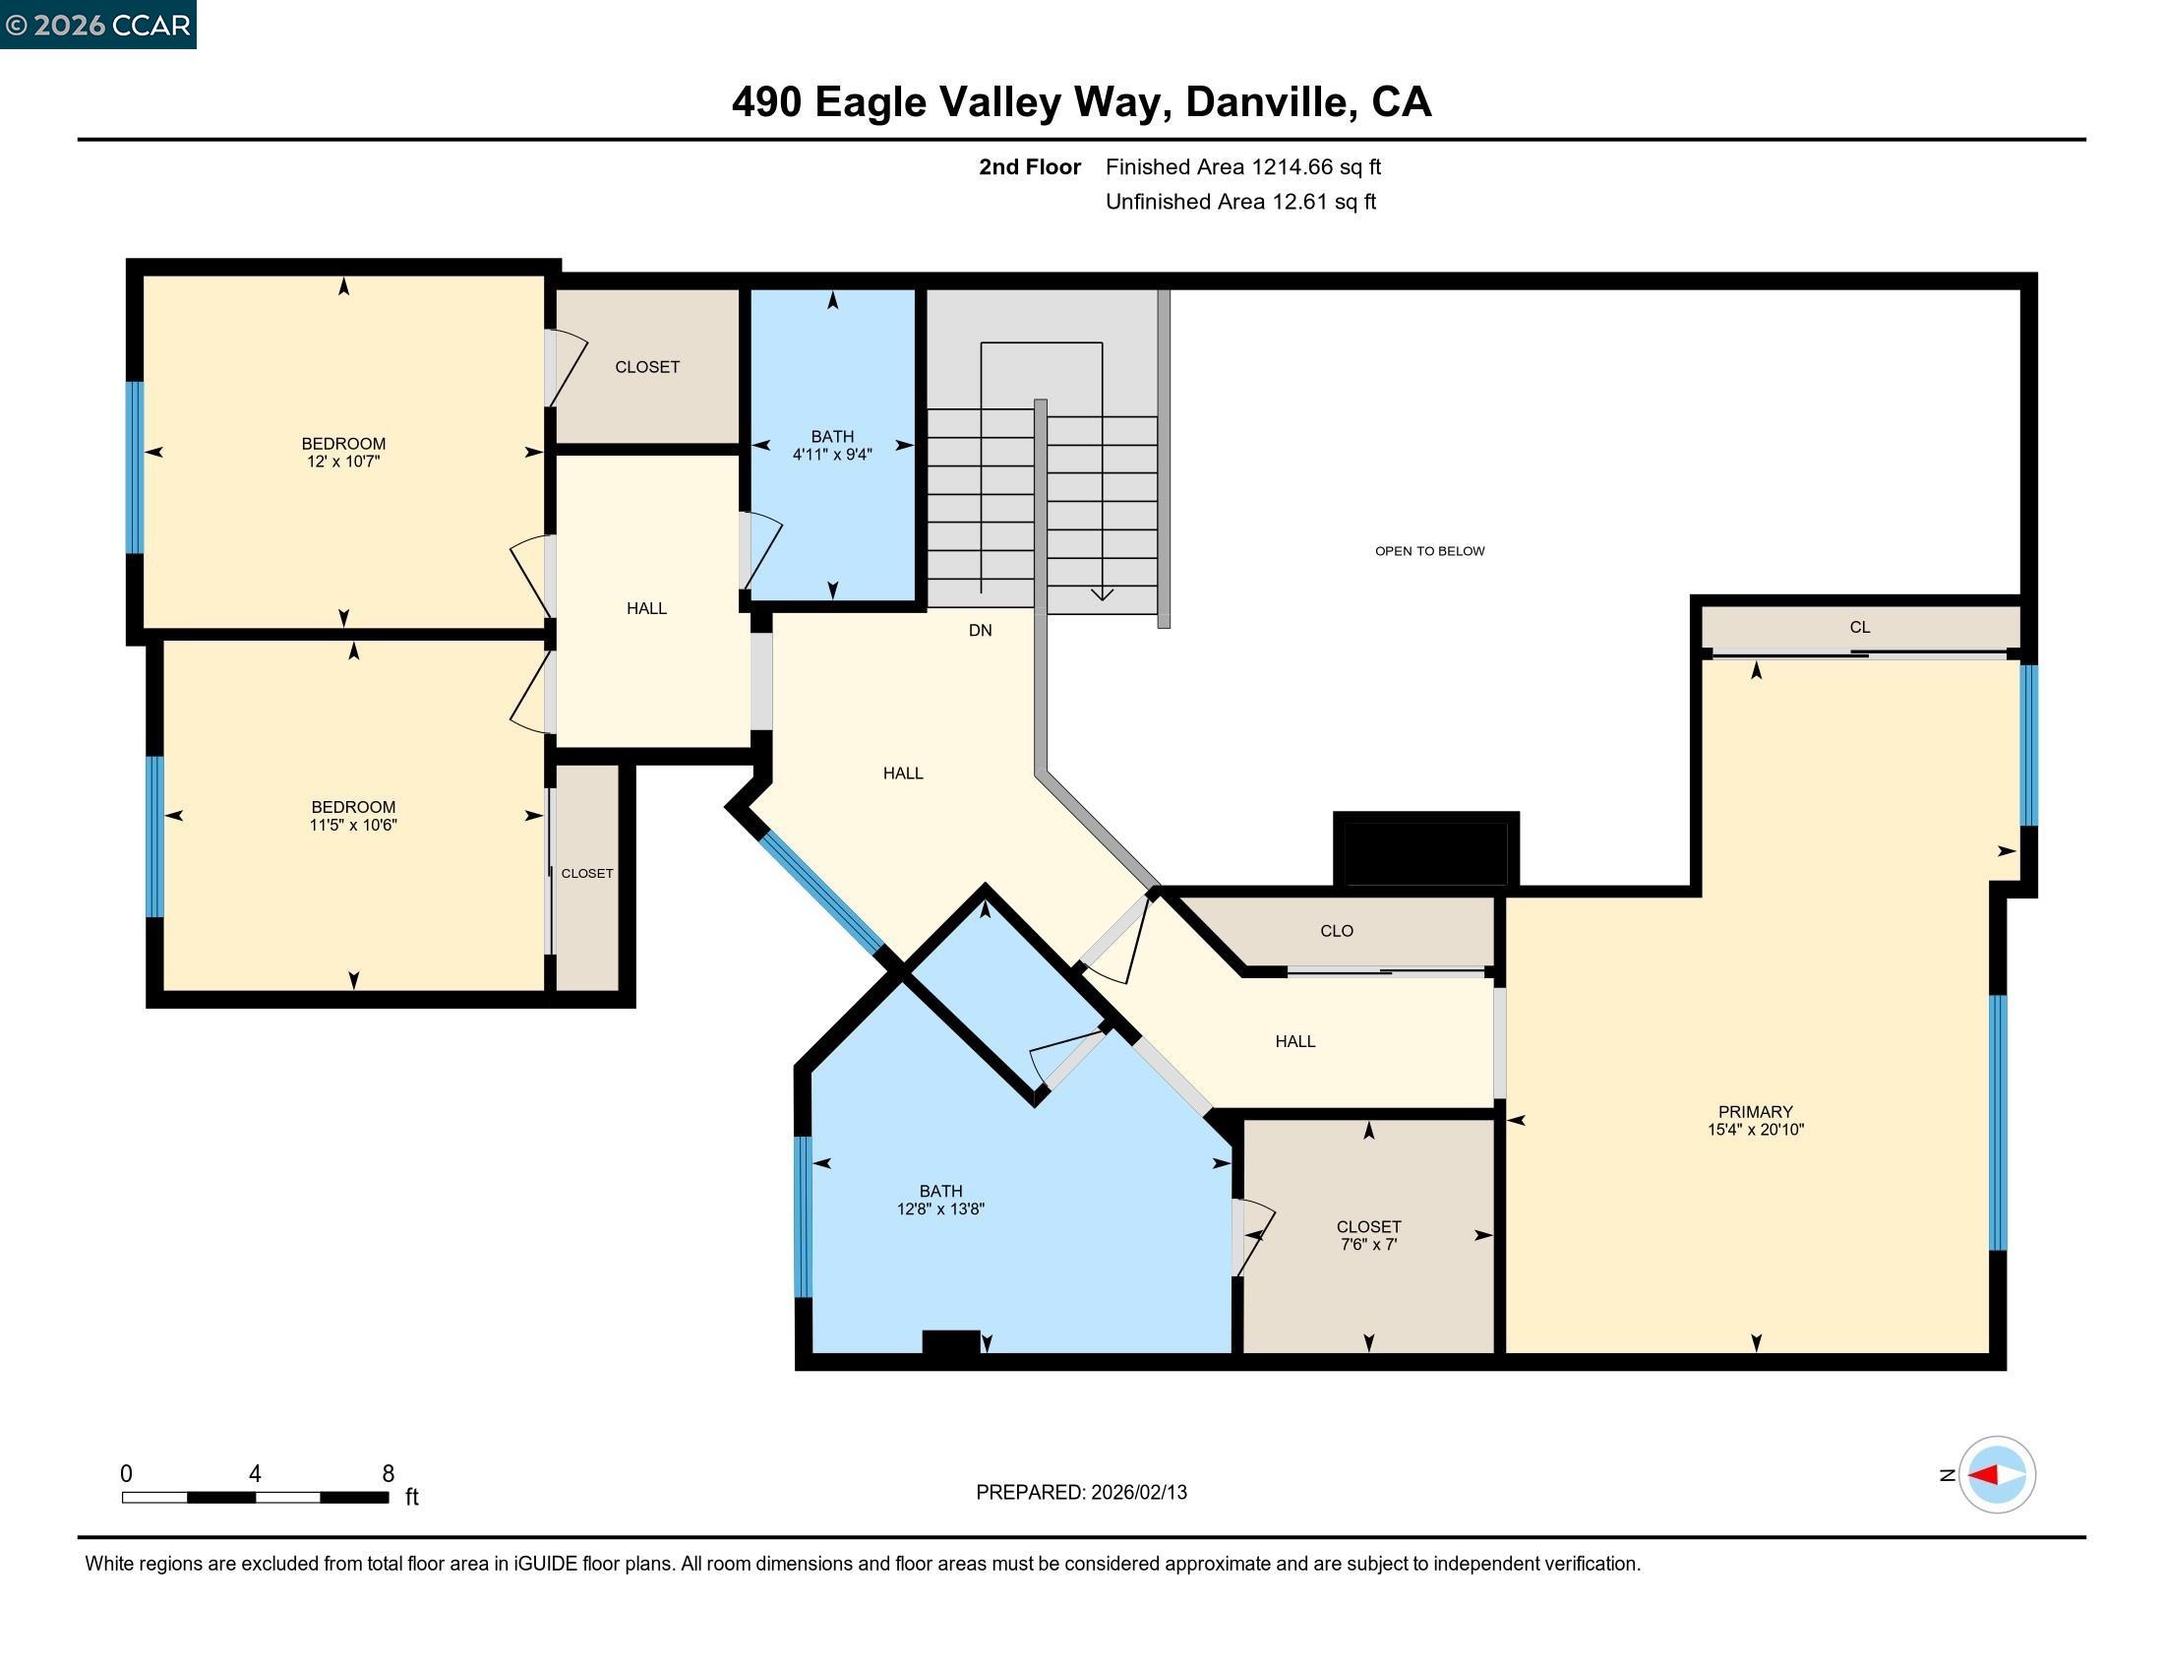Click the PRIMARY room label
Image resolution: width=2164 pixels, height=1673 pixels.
tap(1755, 1111)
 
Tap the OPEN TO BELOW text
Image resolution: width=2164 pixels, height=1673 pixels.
tap(1429, 551)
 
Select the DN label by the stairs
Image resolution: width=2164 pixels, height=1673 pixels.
tap(979, 631)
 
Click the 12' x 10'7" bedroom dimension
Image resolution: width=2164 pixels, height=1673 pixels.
tap(343, 462)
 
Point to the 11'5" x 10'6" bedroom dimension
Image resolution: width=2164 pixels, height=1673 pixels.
tap(353, 825)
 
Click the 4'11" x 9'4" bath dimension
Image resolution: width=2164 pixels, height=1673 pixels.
tap(831, 455)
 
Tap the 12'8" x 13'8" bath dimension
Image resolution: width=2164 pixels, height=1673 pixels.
tap(939, 1209)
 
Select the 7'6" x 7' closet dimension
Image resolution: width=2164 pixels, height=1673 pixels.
tap(1367, 1245)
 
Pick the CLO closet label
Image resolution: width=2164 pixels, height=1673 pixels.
tap(1336, 931)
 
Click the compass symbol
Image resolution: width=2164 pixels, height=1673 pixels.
tap(1996, 1475)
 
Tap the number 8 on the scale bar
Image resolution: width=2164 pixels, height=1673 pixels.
tap(389, 1474)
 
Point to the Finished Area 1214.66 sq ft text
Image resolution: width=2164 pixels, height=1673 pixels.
tap(1242, 167)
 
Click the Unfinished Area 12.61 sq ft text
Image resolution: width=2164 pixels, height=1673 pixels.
tap(1239, 202)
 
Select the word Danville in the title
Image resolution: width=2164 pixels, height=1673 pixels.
tap(1270, 102)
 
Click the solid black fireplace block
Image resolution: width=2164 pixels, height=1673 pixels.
tap(1425, 850)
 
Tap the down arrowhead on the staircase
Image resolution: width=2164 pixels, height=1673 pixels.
tap(1102, 593)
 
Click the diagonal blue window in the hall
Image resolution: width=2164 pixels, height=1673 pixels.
tap(820, 893)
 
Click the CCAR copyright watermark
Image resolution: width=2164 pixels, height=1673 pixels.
tap(98, 25)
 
